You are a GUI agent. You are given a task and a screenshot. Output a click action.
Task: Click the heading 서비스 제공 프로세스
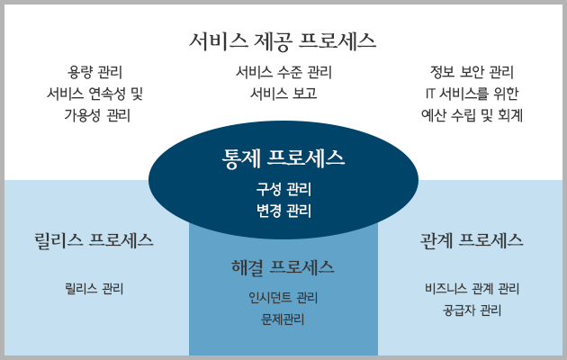coord(283,40)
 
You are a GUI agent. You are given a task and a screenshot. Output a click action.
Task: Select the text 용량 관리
coord(94,72)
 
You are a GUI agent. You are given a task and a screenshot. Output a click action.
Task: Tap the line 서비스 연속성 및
coord(94,94)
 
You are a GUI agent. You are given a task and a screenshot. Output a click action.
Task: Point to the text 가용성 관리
coord(97,116)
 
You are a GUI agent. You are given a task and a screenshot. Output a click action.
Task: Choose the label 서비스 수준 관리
coord(283,72)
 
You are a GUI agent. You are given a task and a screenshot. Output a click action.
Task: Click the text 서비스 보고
coord(283,94)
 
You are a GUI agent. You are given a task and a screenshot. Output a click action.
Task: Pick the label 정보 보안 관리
coord(472,72)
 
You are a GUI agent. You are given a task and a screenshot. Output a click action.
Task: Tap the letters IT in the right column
coord(430,94)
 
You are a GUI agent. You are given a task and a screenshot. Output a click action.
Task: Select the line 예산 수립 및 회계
coord(472,116)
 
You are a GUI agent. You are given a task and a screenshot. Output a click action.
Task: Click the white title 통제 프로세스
coord(283,158)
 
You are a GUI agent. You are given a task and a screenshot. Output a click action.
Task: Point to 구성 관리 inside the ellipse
coord(283,189)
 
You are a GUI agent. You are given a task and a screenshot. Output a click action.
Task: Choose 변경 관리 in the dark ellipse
coord(283,211)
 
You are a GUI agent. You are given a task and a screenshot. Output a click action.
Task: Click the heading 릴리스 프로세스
coord(94,240)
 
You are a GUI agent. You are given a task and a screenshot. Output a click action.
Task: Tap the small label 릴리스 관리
coord(94,289)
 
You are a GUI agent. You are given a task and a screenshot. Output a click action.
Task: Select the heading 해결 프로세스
coord(283,268)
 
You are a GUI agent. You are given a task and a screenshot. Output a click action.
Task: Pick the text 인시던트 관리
coord(283,298)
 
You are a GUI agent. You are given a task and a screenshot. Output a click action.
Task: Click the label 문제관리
coord(283,319)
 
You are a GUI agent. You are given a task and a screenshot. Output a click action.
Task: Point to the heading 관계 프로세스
coord(472,240)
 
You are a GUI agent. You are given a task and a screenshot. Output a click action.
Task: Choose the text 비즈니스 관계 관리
coord(472,289)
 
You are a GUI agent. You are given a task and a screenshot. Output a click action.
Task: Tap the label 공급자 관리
coord(472,310)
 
